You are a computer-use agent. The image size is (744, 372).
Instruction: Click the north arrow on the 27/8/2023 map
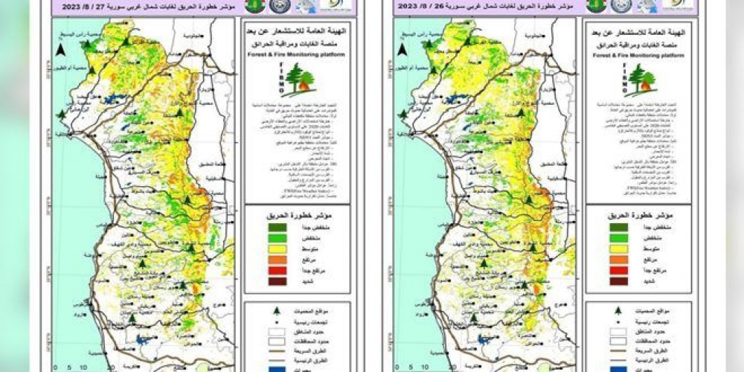(x=60, y=51)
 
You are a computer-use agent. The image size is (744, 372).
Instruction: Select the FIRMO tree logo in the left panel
(x=295, y=80)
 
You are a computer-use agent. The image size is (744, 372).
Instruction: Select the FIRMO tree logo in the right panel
(x=637, y=80)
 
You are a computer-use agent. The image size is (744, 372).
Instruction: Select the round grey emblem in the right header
(x=620, y=5)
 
